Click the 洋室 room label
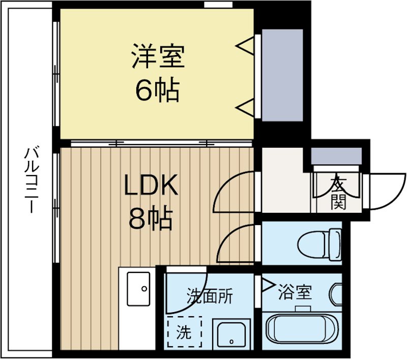pos(157,57)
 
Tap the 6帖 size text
pos(157,90)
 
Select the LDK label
pos(152,186)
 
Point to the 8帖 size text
pos(151,219)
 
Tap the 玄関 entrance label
pos(337,193)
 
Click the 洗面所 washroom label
pos(210,296)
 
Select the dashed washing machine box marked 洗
pos(184,332)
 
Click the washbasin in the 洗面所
pos(231,336)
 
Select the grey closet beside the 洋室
pos(282,75)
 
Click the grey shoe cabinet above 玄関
pos(336,155)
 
